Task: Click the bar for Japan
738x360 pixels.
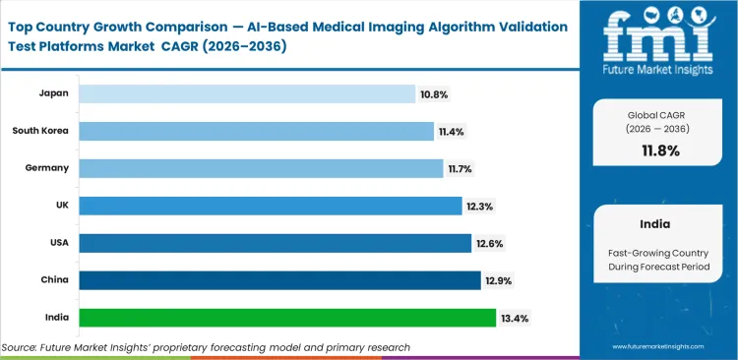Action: [x=246, y=93]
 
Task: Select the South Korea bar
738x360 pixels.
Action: [x=256, y=131]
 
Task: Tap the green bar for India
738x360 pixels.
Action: [x=286, y=318]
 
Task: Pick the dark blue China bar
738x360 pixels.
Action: [x=279, y=280]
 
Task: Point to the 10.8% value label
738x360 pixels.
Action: [x=433, y=94]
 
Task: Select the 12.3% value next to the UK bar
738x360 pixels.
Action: [x=479, y=207]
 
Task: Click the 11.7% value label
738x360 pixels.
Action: [x=461, y=169]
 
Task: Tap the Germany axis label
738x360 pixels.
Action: [x=46, y=168]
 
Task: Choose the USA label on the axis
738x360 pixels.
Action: [x=58, y=243]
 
